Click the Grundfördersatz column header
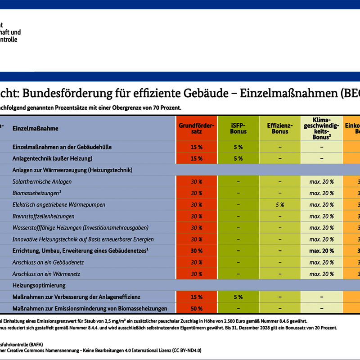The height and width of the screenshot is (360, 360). click(x=196, y=128)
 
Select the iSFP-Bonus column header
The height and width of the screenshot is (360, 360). click(x=238, y=128)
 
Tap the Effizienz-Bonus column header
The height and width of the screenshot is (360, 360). click(x=280, y=128)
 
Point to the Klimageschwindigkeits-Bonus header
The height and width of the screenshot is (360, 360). click(x=321, y=128)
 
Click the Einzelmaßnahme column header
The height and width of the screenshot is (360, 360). click(x=36, y=129)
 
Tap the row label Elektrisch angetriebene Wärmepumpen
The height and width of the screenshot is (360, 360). click(x=59, y=205)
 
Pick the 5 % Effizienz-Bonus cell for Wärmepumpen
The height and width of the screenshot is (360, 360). click(x=280, y=205)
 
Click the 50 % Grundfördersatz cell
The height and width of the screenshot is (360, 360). click(x=196, y=309)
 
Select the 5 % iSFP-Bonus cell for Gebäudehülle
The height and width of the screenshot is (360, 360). click(x=238, y=147)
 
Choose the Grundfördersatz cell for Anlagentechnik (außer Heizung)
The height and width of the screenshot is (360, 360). click(x=196, y=158)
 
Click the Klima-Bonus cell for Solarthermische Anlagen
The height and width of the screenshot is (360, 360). click(x=321, y=182)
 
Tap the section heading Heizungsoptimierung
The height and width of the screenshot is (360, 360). click(x=39, y=285)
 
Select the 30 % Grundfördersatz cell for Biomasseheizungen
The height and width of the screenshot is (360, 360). click(x=196, y=193)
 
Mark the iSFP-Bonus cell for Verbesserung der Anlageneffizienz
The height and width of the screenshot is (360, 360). click(x=238, y=297)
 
